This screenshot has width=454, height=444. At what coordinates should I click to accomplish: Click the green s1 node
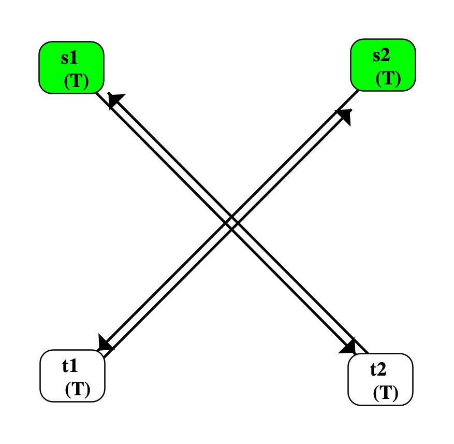tap(72, 67)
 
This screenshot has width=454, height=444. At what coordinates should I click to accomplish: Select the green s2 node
tap(383, 65)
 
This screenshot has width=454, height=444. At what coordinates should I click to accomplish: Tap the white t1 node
tap(72, 376)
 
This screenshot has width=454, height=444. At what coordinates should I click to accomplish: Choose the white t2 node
tap(380, 379)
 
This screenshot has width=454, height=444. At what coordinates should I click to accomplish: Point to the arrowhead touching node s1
tap(116, 100)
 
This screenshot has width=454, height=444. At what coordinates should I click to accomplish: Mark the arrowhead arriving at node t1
tap(106, 343)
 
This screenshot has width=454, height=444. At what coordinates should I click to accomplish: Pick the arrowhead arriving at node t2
tap(348, 346)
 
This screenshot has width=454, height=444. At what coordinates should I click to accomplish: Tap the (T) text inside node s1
tap(77, 82)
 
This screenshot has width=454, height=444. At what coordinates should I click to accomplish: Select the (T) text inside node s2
tap(388, 78)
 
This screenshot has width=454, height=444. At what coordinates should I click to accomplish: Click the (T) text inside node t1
tap(78, 390)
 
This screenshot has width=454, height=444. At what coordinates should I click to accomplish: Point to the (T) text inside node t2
tap(386, 393)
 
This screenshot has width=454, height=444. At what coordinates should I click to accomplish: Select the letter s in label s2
tap(377, 55)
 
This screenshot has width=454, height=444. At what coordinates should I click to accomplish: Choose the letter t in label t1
tap(66, 366)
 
